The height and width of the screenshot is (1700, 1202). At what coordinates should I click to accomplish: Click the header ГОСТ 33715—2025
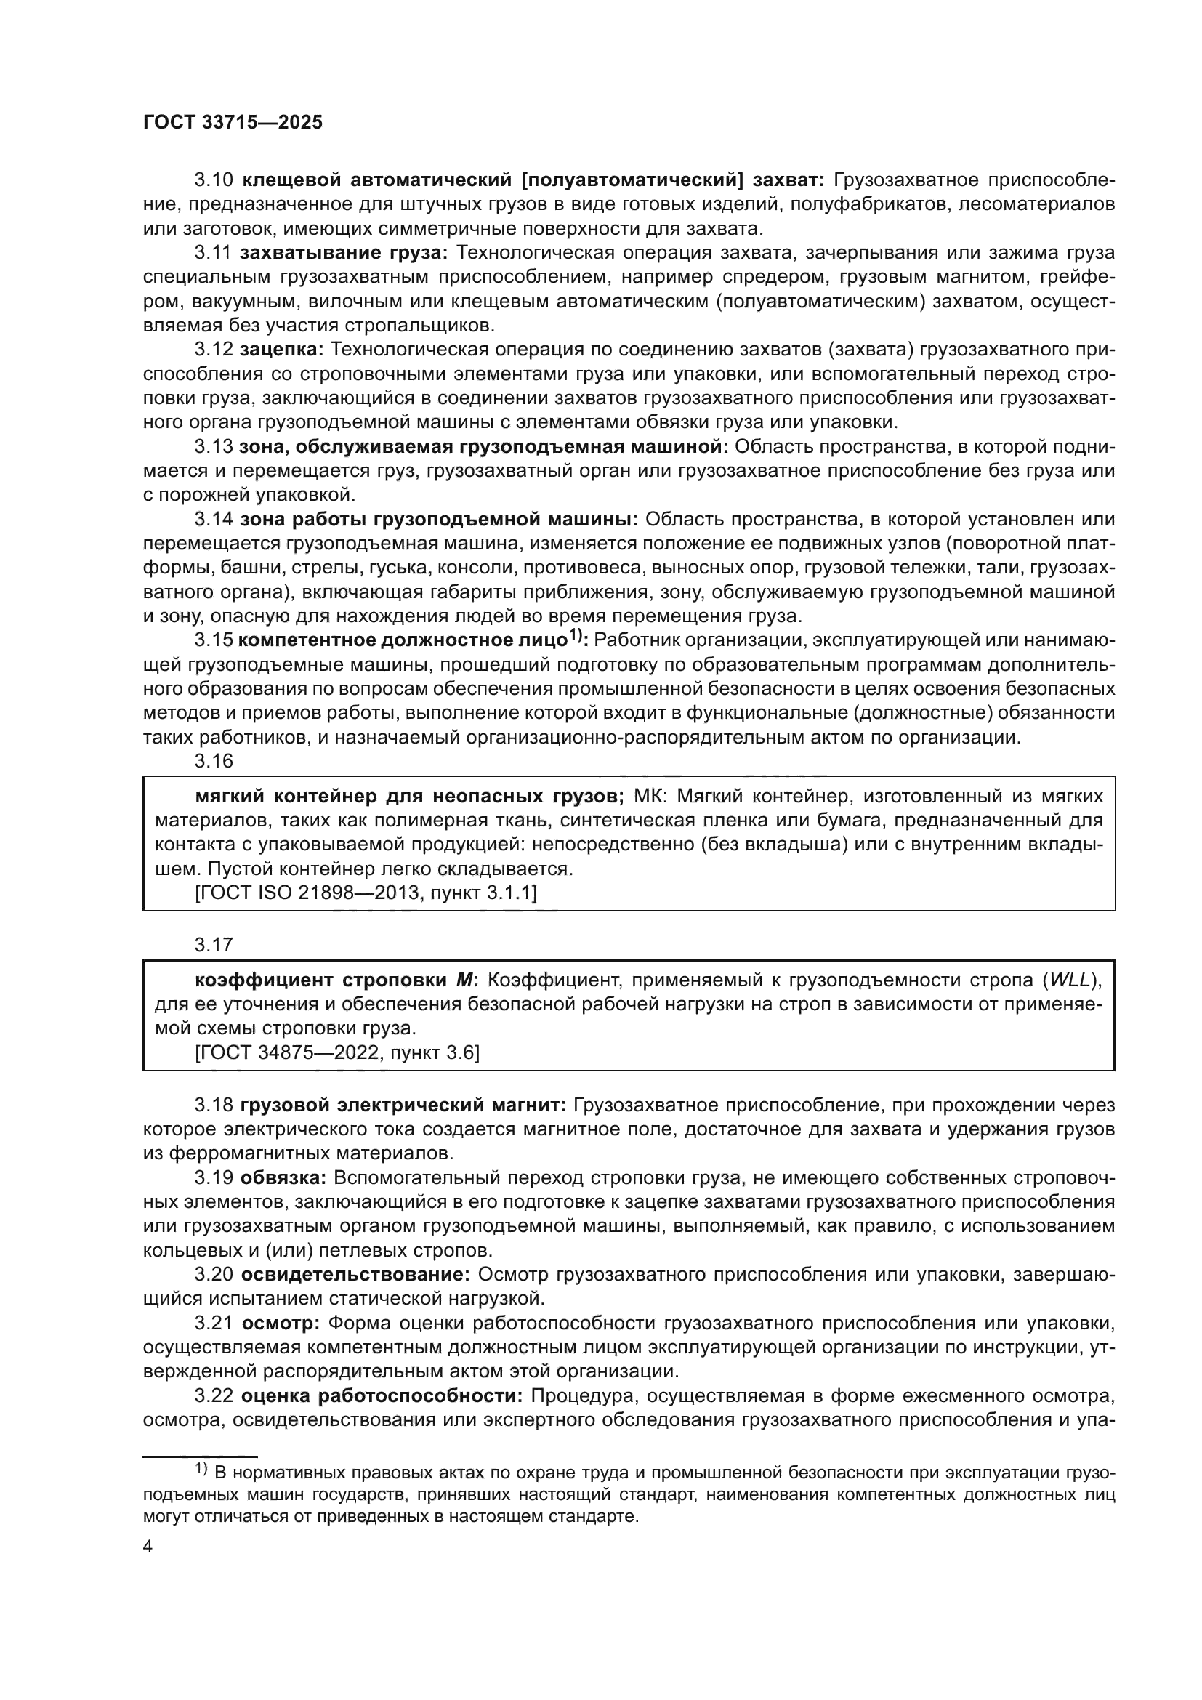233,123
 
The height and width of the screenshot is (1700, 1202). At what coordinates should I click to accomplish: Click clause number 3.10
214,180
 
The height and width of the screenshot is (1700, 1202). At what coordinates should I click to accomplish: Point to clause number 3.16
214,761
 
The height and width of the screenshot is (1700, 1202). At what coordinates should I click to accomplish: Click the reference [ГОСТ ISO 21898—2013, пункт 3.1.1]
366,893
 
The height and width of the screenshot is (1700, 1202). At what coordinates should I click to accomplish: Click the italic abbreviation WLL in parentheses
1070,980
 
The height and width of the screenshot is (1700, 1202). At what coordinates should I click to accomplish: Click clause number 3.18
214,1105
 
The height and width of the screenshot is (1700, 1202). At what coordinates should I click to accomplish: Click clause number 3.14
214,520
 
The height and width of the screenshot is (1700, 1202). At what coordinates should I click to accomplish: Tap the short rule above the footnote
200,1456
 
